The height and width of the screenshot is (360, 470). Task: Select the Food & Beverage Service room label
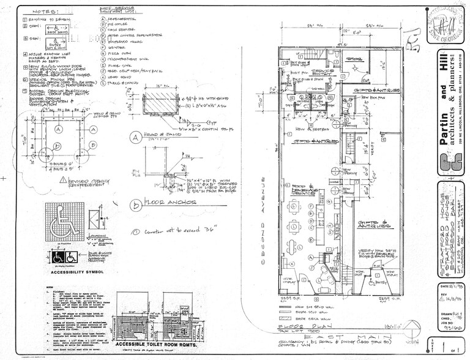click(304, 190)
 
